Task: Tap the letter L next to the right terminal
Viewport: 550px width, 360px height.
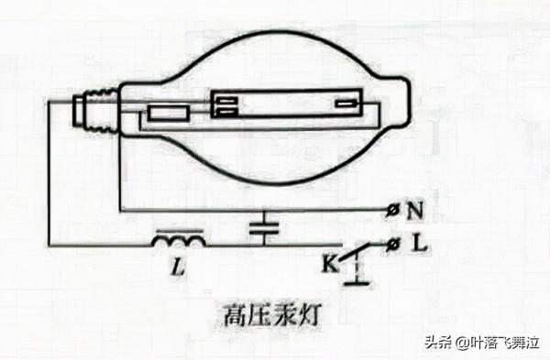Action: (417, 245)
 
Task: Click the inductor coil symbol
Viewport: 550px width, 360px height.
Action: (179, 242)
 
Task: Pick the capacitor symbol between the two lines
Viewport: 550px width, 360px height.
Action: (265, 228)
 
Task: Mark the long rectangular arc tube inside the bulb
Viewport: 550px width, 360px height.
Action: (285, 105)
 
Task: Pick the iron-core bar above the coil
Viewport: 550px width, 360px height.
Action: (179, 229)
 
